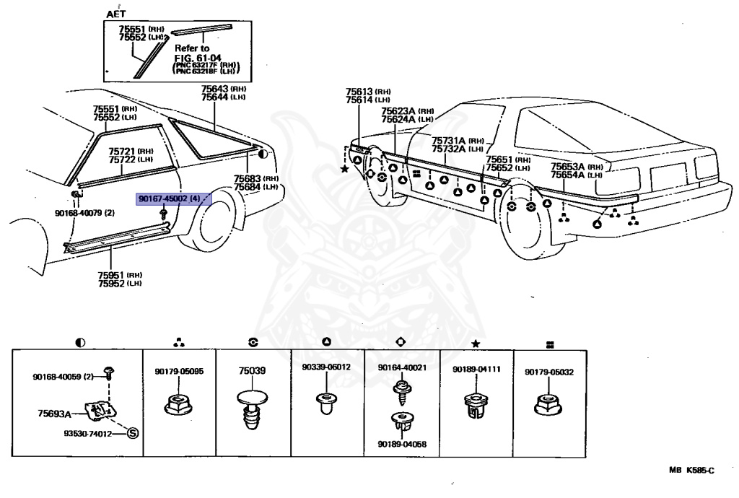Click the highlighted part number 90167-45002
tap(163, 198)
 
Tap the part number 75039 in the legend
tap(252, 371)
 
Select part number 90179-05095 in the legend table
tap(179, 371)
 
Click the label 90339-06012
tap(326, 367)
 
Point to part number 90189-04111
tap(476, 370)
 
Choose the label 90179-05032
tap(549, 372)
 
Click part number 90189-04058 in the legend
tap(402, 444)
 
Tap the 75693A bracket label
tap(54, 414)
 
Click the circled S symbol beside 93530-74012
tap(133, 433)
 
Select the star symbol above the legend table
tap(476, 344)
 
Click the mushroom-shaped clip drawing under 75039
tap(252, 409)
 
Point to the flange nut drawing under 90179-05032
tap(548, 404)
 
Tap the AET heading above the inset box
tap(116, 14)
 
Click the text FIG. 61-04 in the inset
tap(198, 58)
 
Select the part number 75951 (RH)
tap(120, 275)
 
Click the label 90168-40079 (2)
tap(85, 213)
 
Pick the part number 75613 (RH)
tap(368, 92)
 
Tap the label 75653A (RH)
tap(577, 167)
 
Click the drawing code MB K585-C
tap(691, 470)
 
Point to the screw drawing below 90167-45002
tap(164, 214)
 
